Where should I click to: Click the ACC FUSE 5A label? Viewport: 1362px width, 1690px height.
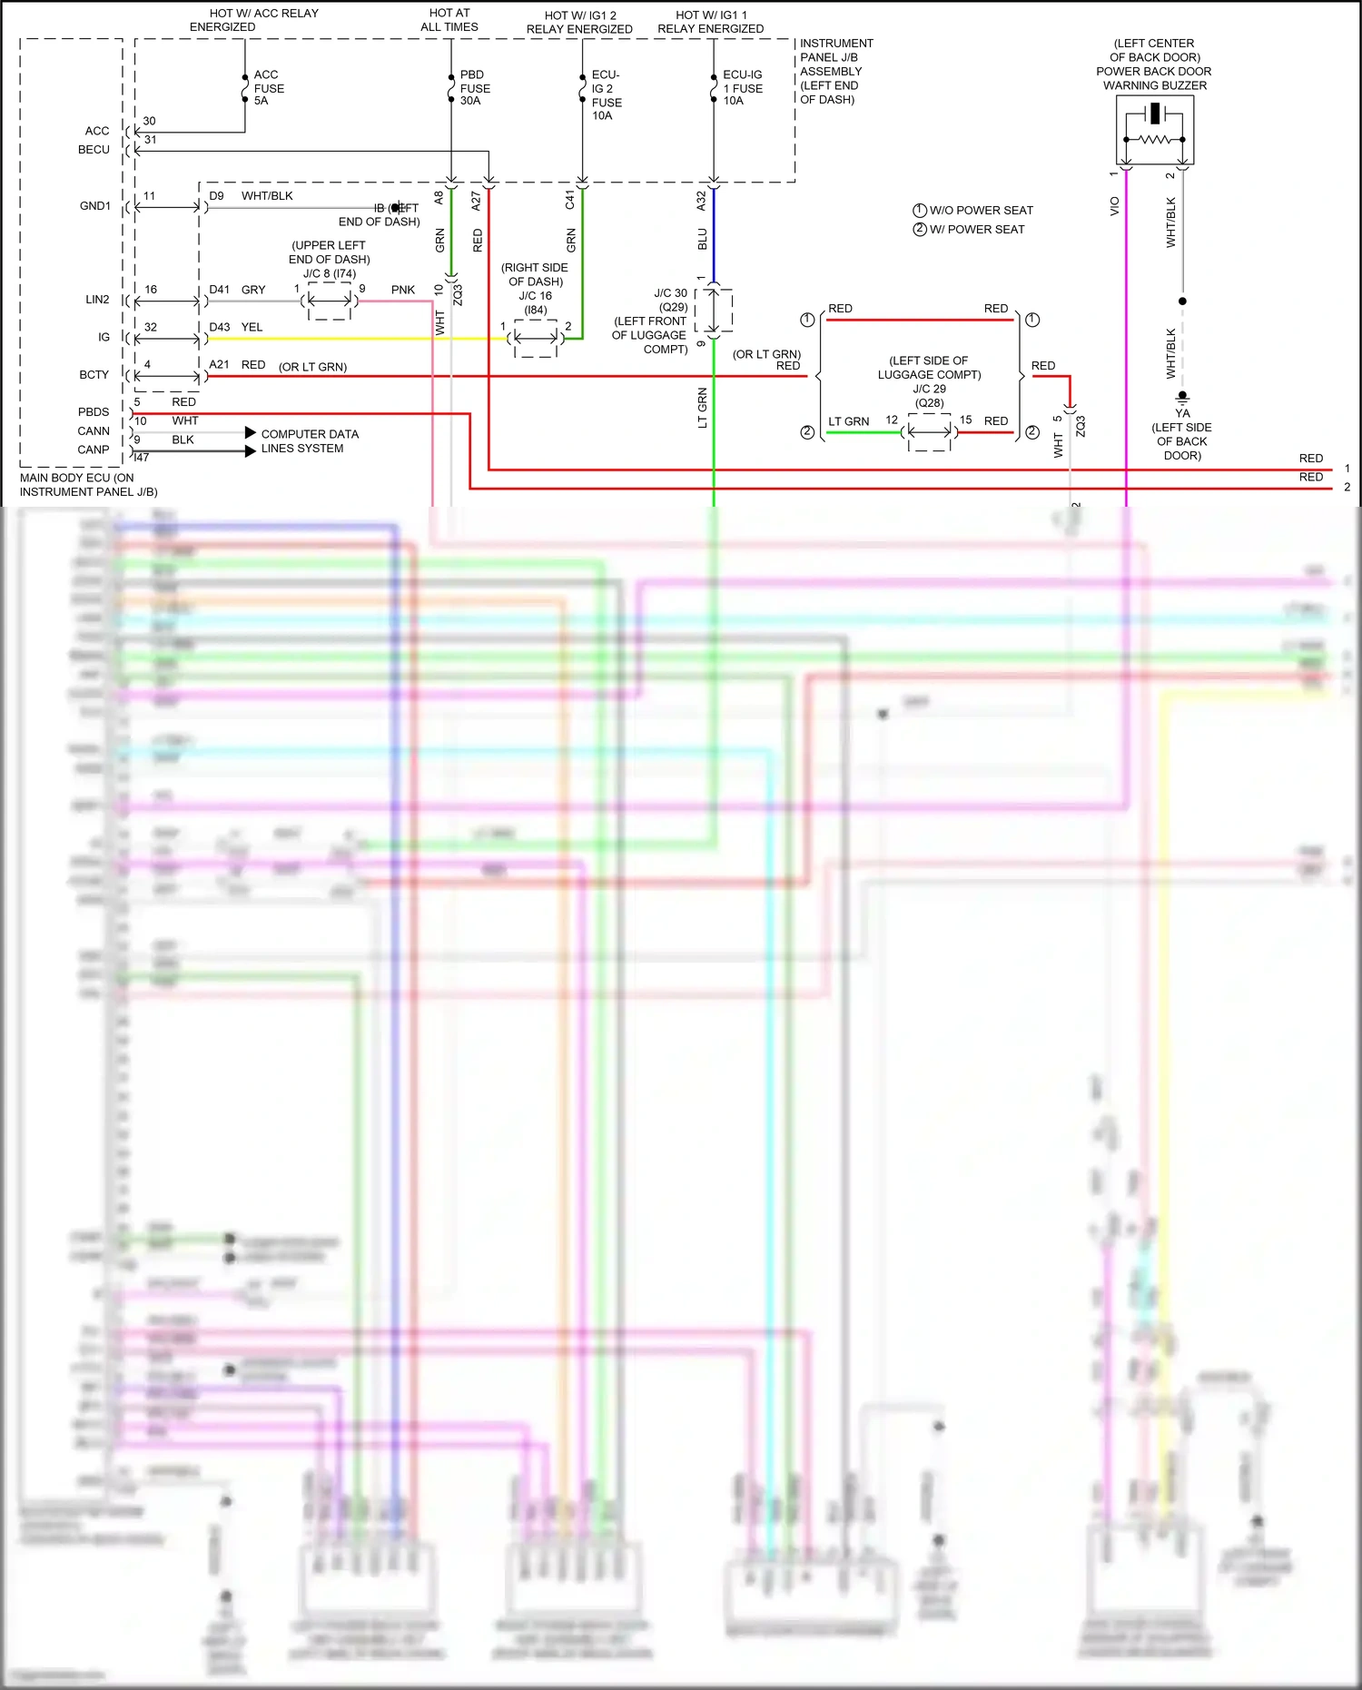(x=268, y=88)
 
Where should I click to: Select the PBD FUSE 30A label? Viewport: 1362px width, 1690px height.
(x=474, y=88)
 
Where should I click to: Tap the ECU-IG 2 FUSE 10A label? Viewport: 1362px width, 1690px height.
(x=607, y=94)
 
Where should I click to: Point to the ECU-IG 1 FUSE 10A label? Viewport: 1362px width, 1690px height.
(x=742, y=88)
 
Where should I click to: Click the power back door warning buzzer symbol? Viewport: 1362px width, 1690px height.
(x=1154, y=130)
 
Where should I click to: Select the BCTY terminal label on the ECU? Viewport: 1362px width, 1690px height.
(x=94, y=375)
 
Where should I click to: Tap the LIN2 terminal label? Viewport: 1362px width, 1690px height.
(x=97, y=300)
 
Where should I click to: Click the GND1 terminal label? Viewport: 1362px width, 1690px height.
(x=95, y=206)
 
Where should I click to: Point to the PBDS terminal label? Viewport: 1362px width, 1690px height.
(x=94, y=412)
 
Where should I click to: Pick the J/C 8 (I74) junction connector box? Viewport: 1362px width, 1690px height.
(x=329, y=301)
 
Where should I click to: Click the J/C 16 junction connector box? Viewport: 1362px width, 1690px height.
(x=536, y=339)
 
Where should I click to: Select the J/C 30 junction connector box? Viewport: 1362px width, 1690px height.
(x=714, y=311)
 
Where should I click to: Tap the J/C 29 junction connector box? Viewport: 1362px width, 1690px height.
(x=930, y=432)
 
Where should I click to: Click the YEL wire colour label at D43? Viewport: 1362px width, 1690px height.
(x=252, y=327)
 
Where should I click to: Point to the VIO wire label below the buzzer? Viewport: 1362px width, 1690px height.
(x=1115, y=207)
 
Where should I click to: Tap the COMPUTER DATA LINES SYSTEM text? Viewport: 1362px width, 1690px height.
(x=309, y=441)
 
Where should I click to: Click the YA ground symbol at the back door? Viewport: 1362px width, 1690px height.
(x=1182, y=398)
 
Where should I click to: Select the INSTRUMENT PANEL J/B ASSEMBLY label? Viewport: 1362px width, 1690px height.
(x=835, y=71)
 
